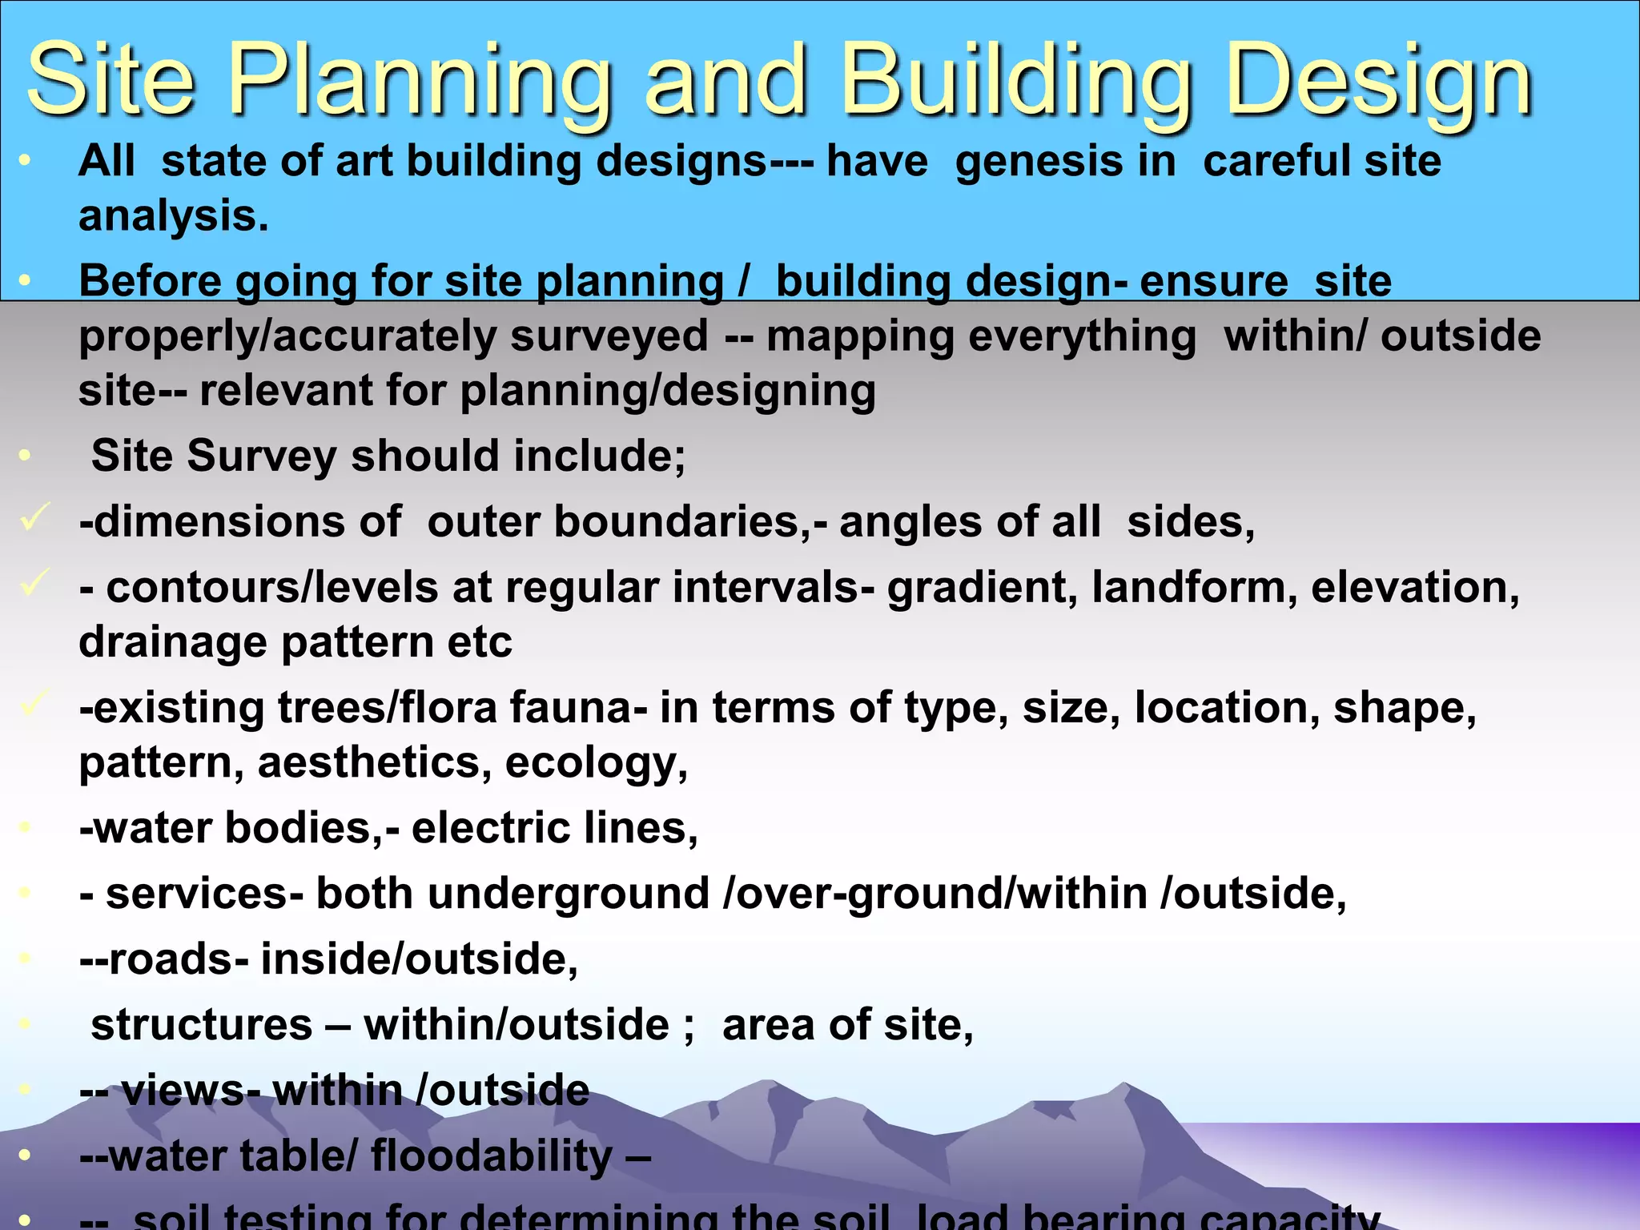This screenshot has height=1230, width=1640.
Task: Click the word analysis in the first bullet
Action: tap(173, 216)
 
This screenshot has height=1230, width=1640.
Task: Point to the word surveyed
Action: tap(609, 336)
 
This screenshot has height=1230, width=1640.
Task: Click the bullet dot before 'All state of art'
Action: tap(25, 161)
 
